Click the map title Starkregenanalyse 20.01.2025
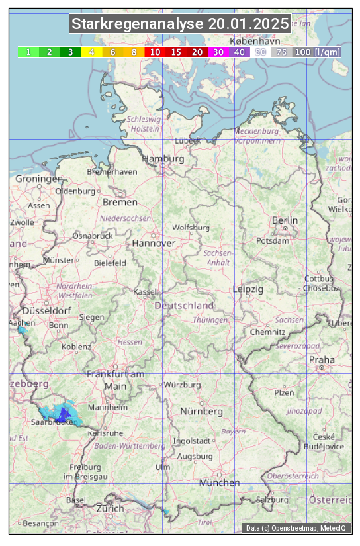180,24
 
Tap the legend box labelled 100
302,52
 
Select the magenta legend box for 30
218,52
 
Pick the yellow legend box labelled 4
91,52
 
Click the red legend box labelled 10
155,52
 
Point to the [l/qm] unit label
328,52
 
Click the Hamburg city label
163,159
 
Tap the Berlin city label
285,220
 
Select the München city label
219,483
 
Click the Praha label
322,360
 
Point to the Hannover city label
154,243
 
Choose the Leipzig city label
248,289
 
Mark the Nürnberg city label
201,412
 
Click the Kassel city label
144,291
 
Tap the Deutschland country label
184,306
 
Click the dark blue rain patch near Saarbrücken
64,414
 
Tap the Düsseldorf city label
46,311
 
